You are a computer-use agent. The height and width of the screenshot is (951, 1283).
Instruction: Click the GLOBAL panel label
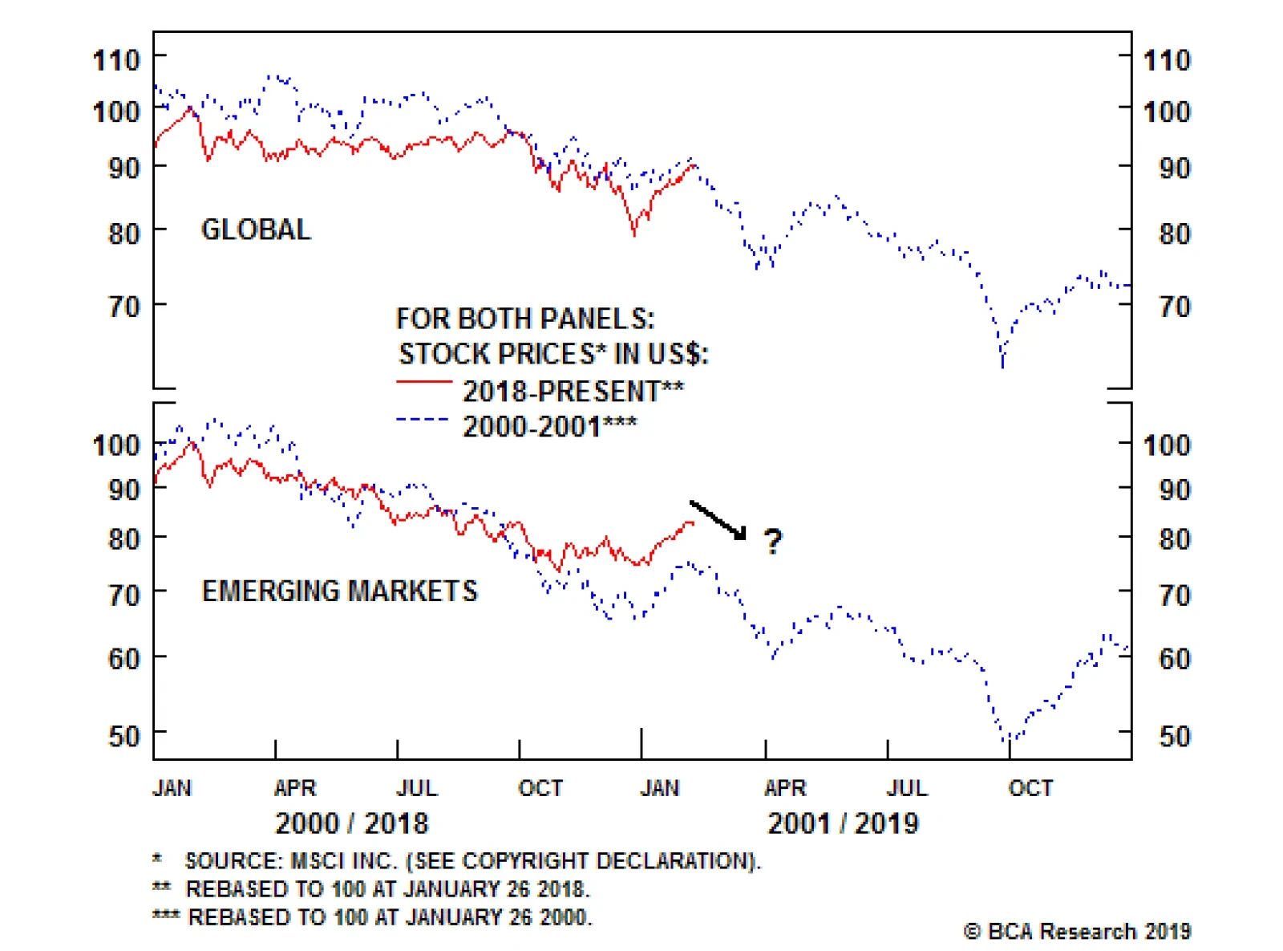click(x=255, y=230)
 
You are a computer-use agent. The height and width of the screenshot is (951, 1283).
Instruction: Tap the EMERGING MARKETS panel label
click(x=339, y=591)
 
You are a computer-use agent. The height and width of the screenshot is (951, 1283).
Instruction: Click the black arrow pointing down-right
click(x=718, y=520)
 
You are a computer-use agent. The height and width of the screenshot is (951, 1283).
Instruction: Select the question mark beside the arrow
click(x=772, y=542)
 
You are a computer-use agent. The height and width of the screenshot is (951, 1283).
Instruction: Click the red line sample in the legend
click(x=424, y=383)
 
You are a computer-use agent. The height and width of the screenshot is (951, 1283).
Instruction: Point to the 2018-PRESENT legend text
click(x=573, y=392)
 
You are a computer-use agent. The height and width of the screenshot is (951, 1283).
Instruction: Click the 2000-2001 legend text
click(x=550, y=426)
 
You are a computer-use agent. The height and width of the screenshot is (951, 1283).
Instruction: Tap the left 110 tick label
click(x=116, y=60)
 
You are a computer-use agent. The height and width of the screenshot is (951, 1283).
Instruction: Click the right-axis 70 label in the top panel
click(x=1175, y=307)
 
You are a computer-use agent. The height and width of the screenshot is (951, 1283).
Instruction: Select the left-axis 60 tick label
click(x=123, y=659)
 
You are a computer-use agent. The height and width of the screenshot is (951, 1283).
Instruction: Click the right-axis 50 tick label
click(x=1175, y=736)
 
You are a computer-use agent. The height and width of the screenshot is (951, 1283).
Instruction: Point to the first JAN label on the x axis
click(x=172, y=788)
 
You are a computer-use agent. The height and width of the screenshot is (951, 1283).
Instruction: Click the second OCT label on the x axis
click(x=1030, y=788)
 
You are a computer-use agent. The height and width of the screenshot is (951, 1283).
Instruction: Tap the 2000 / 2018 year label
click(x=351, y=823)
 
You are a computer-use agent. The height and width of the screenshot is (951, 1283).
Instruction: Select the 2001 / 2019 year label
click(x=843, y=823)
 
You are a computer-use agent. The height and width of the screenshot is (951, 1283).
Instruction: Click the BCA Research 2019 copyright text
click(x=1077, y=932)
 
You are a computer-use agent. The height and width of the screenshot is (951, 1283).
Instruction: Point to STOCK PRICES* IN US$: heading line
click(x=553, y=354)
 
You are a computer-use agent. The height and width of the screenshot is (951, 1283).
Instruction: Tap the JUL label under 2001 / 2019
click(x=907, y=788)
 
